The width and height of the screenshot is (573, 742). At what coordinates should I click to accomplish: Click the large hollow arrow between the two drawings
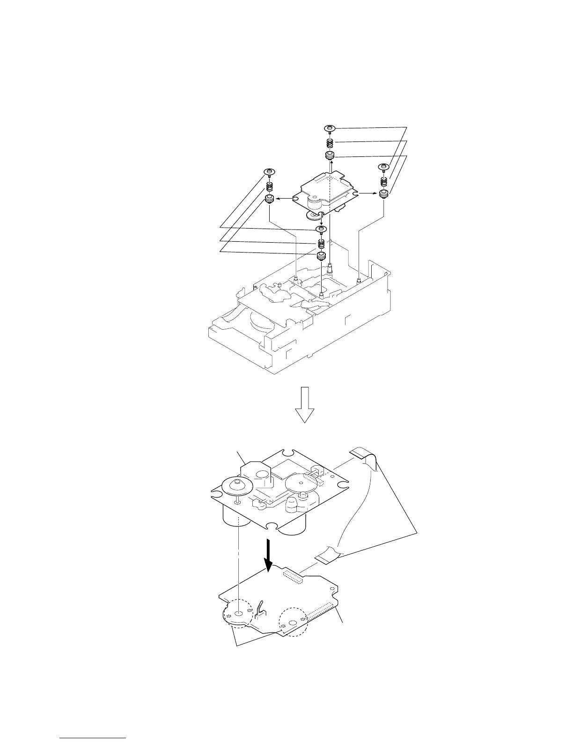305,405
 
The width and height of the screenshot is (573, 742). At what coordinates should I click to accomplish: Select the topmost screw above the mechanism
330,128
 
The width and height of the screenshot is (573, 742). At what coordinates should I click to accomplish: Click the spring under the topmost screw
330,142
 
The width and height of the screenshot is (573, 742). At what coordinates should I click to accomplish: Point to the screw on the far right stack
385,167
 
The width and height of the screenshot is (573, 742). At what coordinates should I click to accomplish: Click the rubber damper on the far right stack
384,194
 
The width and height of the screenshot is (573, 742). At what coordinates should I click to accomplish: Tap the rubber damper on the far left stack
270,200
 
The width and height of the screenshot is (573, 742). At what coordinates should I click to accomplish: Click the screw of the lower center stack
321,229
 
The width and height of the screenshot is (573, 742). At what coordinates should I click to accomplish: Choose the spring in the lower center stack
321,244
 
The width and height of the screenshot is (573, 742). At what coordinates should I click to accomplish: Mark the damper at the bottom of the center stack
321,256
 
